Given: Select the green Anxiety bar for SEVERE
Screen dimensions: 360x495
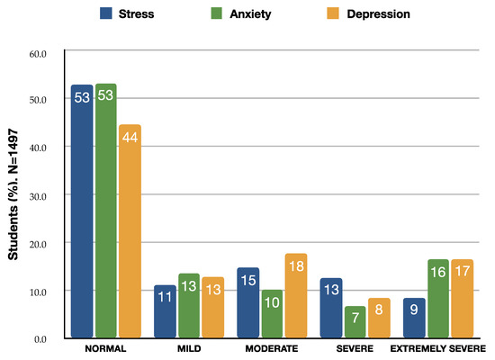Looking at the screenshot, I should click(x=355, y=321).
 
